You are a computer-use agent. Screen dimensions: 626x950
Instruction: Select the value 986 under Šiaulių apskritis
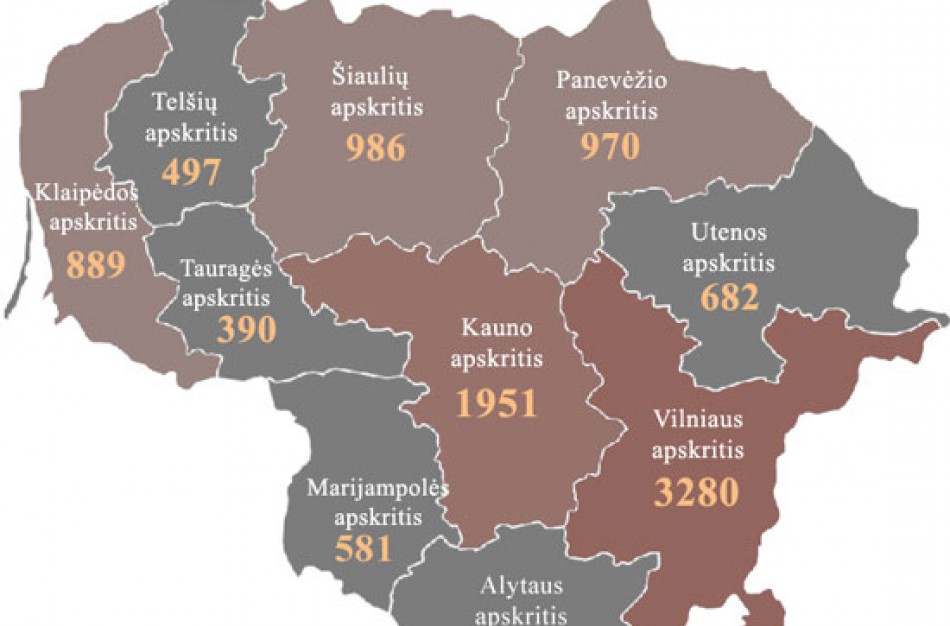pos(376,147)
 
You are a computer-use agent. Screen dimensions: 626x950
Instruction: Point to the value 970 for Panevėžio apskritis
pos(609,147)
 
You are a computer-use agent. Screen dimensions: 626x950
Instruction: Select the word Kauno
pos(497,329)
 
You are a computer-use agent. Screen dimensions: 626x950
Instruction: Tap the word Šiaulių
pos(377,76)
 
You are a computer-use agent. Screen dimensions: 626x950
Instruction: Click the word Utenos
pos(729,233)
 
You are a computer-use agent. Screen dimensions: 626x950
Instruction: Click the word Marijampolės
pos(377,488)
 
